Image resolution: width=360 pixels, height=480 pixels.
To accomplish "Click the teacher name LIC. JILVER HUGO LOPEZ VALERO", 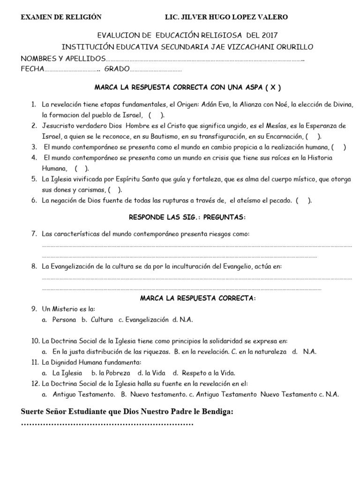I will coord(226,17).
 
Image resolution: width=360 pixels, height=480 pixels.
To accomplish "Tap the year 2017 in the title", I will coord(273,36).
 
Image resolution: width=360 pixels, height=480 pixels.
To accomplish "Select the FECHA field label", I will coord(32,69).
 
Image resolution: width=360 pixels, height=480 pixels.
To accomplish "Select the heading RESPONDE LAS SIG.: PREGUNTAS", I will coord(187,217).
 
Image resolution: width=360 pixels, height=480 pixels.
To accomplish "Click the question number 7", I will coord(34,233).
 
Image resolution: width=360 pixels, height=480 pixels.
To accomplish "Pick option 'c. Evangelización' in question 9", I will coord(143,320).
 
